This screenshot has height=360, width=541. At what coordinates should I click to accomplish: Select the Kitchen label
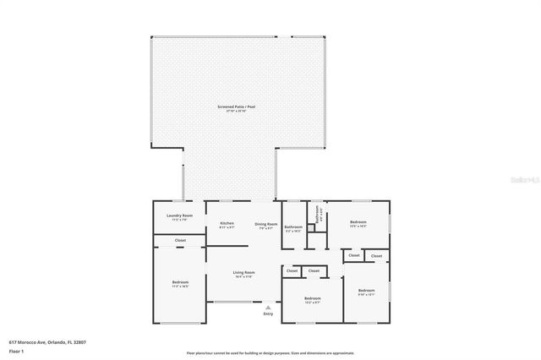[227, 223]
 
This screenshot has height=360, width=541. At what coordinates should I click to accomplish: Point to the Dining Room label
[265, 223]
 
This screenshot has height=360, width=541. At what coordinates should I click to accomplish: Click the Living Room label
[243, 273]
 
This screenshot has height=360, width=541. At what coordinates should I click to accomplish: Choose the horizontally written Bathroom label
[293, 226]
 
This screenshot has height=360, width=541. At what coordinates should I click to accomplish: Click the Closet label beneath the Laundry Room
[180, 241]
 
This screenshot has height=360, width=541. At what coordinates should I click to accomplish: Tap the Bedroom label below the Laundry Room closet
[181, 281]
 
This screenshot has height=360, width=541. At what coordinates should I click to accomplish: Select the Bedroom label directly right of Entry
[313, 297]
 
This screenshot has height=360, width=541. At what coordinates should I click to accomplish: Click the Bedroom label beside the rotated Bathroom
[358, 222]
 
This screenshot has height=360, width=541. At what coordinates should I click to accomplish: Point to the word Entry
[268, 314]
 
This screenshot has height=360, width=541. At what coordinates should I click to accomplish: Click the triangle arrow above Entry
[268, 307]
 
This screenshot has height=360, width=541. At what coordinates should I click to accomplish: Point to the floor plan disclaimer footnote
[270, 353]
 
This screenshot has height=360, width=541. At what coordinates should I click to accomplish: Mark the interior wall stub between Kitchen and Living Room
[228, 245]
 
